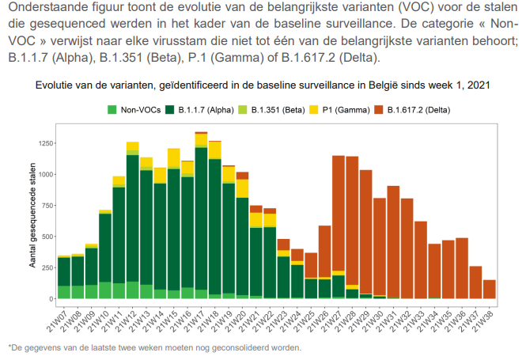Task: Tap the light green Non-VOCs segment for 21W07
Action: (x=62, y=292)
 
